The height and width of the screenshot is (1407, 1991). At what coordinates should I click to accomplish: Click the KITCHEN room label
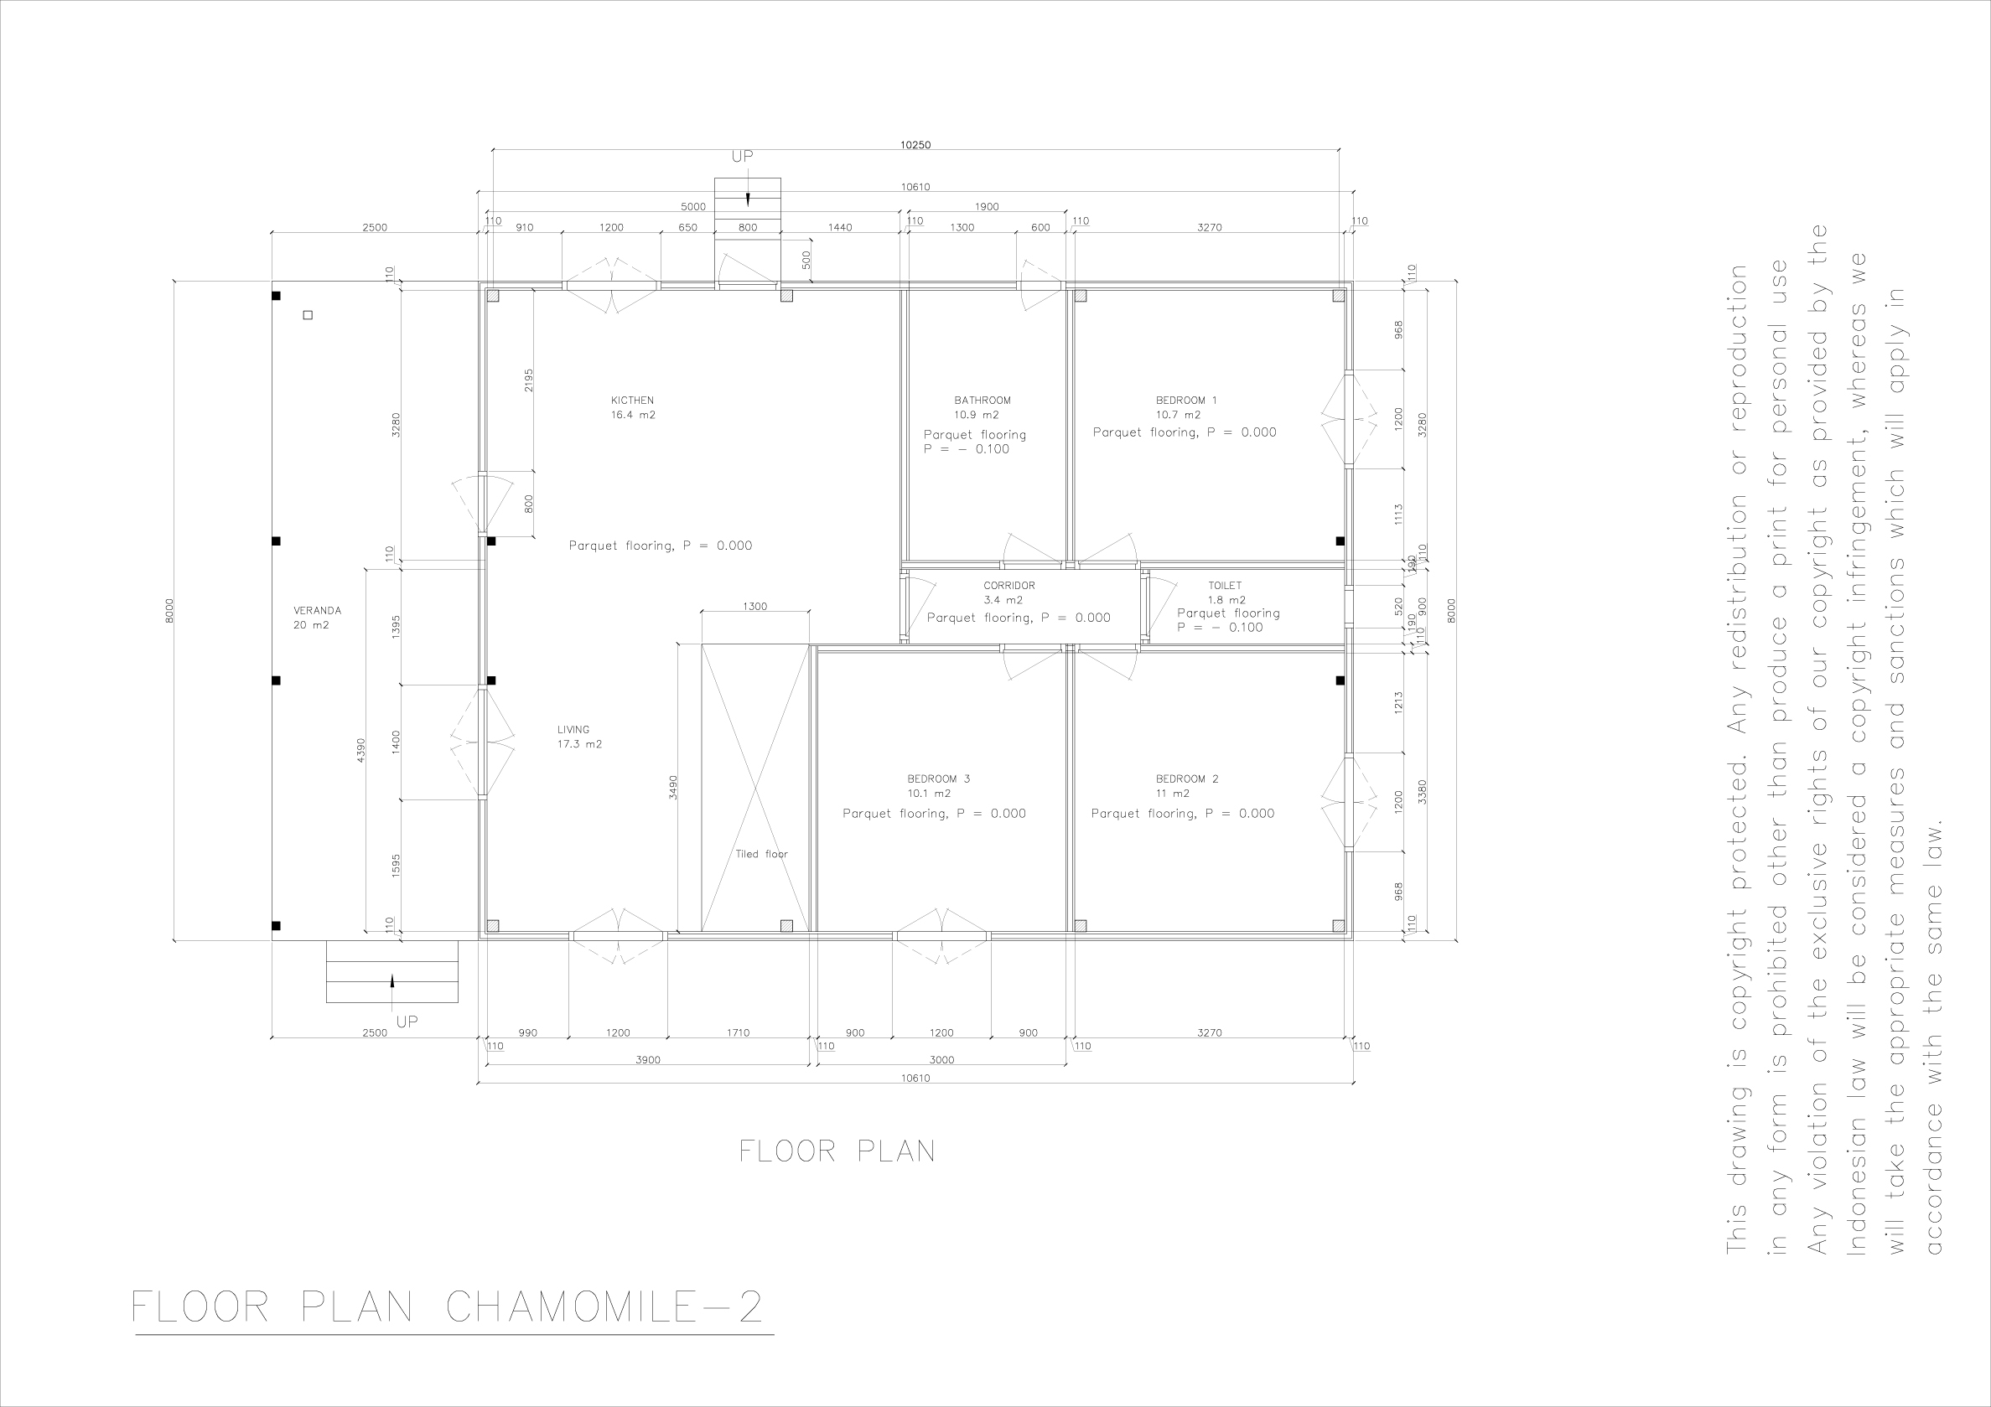click(632, 401)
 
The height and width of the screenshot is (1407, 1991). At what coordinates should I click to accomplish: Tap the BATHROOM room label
click(983, 401)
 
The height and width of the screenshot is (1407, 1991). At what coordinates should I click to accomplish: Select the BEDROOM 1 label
click(1185, 401)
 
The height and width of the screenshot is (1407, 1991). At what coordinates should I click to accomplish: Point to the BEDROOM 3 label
click(938, 779)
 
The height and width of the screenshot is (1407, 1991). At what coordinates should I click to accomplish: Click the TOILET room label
click(1225, 586)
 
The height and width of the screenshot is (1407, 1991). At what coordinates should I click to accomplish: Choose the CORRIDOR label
click(1008, 586)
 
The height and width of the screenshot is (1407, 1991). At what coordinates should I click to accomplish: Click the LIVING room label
click(573, 730)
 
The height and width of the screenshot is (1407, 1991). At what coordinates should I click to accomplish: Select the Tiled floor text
click(761, 854)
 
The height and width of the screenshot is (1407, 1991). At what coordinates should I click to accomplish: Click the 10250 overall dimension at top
click(915, 145)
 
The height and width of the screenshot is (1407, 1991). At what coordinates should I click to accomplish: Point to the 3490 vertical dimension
click(673, 786)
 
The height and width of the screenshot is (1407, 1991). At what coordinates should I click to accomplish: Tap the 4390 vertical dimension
click(360, 749)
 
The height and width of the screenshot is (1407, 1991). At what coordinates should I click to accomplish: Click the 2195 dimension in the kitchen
click(529, 380)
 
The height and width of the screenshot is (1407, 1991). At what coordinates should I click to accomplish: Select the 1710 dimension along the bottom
click(737, 1032)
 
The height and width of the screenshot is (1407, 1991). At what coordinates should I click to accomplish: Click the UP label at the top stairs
click(742, 157)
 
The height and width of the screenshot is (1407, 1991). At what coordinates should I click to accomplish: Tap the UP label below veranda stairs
click(407, 1022)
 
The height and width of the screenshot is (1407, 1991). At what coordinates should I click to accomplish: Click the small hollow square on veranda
click(308, 316)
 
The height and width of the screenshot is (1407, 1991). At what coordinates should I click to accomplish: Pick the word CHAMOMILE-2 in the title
click(604, 1307)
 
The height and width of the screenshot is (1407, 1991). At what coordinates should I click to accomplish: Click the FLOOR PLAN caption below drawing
click(837, 1151)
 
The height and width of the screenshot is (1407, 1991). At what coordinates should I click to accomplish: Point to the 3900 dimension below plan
click(648, 1059)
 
